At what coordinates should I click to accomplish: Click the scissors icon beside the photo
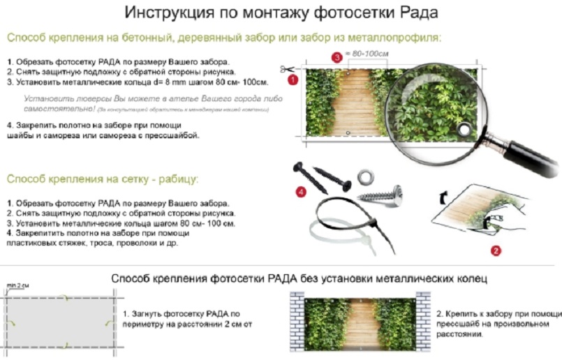pyautogui.click(x=287, y=70)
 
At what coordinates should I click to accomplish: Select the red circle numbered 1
pyautogui.click(x=293, y=80)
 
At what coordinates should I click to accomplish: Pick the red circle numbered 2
pyautogui.click(x=495, y=248)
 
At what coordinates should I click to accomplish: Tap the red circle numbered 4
pyautogui.click(x=301, y=190)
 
